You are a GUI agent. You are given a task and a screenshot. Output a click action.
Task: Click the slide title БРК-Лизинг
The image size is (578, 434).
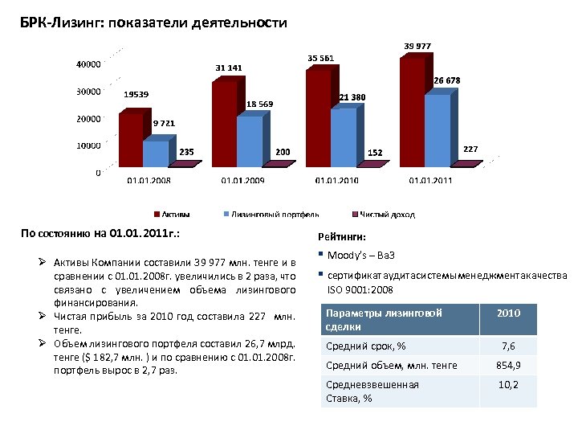[153, 23]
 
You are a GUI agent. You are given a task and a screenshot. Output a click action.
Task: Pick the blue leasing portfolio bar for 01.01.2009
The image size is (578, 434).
[250, 141]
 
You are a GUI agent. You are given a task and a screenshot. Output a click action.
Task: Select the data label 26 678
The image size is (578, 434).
[447, 80]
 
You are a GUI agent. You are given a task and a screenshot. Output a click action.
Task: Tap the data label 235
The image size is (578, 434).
[185, 151]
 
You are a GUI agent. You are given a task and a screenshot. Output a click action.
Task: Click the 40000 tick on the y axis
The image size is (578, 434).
[88, 64]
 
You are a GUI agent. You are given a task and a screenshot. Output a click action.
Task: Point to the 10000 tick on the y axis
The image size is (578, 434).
[88, 145]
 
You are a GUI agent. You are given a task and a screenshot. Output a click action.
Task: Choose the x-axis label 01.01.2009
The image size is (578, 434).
[242, 181]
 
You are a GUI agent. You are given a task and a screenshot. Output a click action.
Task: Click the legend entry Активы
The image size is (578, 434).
[172, 214]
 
